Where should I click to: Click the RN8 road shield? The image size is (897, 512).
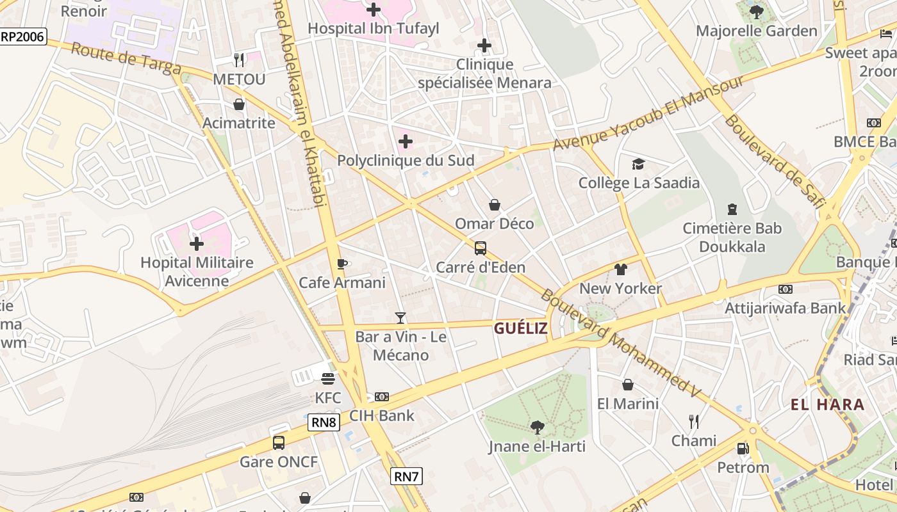(324, 422)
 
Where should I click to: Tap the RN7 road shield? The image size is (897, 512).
(406, 476)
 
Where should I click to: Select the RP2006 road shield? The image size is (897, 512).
(23, 36)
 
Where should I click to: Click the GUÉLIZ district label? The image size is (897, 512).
(521, 328)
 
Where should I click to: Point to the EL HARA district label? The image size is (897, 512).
(827, 404)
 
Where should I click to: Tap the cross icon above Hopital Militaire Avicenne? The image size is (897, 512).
(197, 244)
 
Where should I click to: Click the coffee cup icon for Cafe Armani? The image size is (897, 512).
(342, 264)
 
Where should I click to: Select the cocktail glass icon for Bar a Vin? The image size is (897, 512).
(400, 317)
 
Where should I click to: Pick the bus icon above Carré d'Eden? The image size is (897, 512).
(480, 248)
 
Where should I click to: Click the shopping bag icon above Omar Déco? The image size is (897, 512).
(495, 205)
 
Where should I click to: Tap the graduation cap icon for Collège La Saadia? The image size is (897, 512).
(638, 164)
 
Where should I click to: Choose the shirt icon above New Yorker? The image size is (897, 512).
(620, 269)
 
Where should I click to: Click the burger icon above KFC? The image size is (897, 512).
(328, 379)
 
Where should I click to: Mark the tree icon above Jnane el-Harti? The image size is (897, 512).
(537, 428)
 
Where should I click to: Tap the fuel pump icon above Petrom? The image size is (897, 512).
(743, 449)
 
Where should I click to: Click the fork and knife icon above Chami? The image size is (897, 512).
(693, 421)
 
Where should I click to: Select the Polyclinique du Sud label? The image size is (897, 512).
(406, 161)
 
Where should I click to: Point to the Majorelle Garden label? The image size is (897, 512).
(756, 31)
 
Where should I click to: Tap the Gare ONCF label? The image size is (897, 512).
(279, 461)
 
